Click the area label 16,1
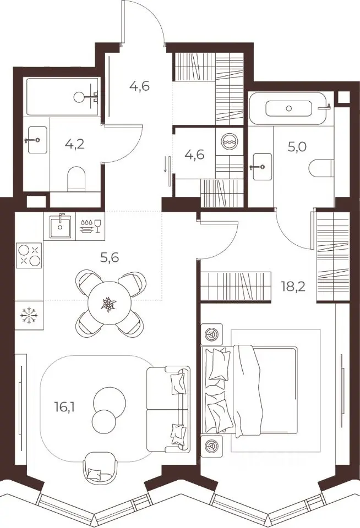coord(65,408)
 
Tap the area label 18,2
coord(293,287)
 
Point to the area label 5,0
coord(297,147)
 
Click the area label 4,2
coord(74,145)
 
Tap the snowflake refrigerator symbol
coord(29,315)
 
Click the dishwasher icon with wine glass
coord(91,226)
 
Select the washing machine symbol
coord(229,141)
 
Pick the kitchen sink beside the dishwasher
coord(60,226)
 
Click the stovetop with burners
coord(29,255)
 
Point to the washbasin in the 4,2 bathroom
coord(37,140)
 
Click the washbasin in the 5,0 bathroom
coord(262,166)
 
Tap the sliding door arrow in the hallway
coord(166,164)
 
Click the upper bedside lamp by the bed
coord(212,334)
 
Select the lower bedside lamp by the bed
coord(212,446)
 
